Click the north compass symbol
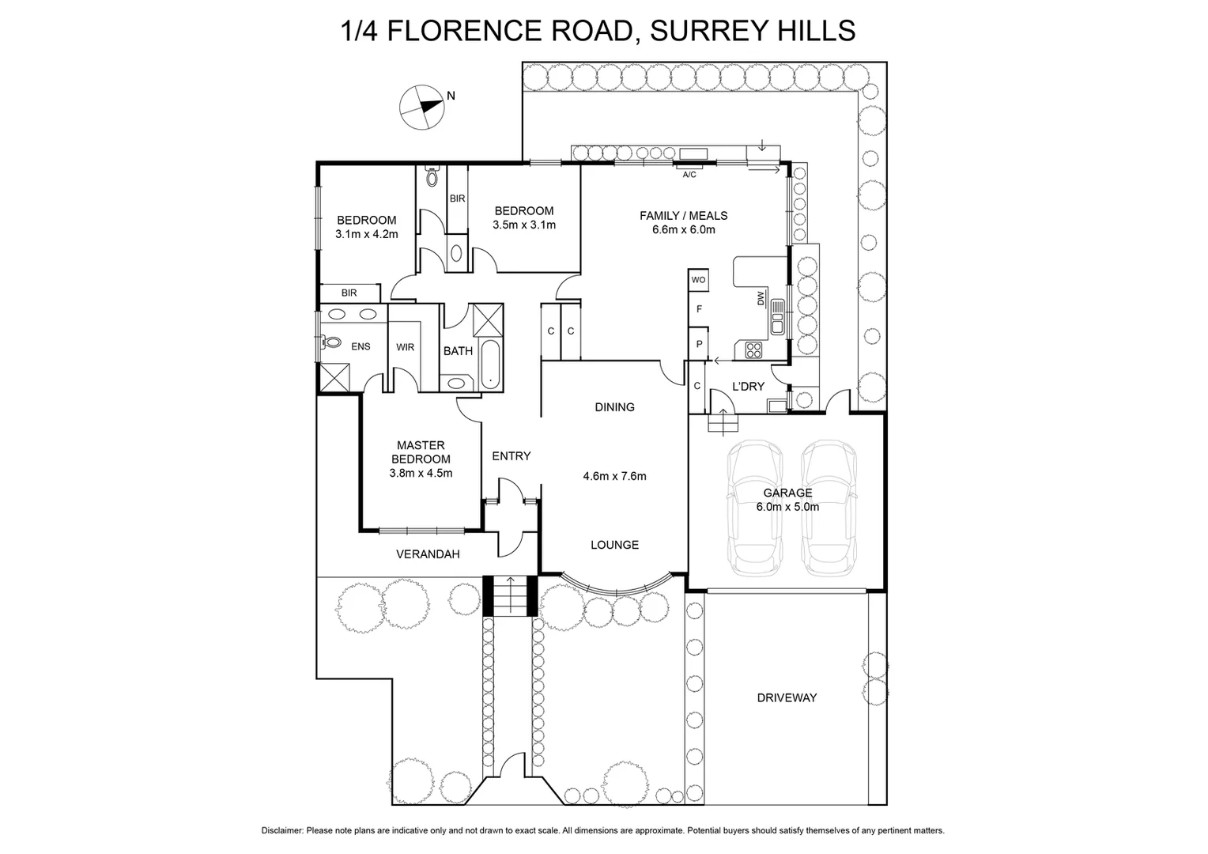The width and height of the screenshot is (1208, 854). (421, 106)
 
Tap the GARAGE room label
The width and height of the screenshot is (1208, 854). (787, 493)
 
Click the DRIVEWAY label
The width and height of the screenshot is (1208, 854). (786, 697)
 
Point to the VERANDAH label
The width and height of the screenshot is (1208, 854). (428, 554)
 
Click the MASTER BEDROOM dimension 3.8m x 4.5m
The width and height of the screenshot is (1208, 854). (421, 473)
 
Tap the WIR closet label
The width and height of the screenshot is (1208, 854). (405, 347)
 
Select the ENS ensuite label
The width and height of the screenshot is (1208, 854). (361, 346)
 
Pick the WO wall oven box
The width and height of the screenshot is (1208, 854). (698, 280)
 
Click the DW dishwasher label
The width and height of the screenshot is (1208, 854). (761, 299)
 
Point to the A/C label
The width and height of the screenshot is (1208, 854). (689, 175)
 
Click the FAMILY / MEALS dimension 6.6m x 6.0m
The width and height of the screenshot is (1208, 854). (683, 230)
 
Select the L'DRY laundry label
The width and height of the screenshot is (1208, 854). (748, 387)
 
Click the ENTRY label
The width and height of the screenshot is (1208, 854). (511, 456)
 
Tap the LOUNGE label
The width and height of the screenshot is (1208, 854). (614, 545)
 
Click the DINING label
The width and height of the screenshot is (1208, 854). (614, 407)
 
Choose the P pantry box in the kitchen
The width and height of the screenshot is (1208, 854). (699, 344)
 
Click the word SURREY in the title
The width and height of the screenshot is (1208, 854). (695, 31)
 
